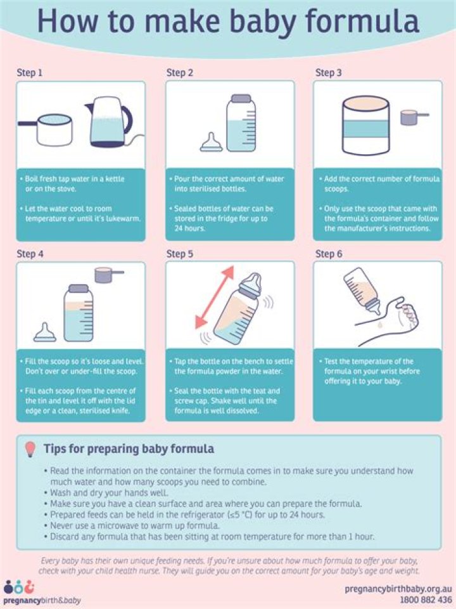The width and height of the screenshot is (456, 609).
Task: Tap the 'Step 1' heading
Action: click(30, 72)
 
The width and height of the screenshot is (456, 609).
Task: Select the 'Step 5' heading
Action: click(180, 254)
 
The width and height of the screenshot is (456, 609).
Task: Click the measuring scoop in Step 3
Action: click(412, 117)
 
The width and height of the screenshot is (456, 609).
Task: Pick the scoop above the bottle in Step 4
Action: click(107, 275)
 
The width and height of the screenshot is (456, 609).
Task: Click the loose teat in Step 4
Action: click(44, 332)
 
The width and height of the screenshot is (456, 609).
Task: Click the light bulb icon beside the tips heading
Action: click(29, 449)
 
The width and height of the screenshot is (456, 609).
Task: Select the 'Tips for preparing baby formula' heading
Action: click(128, 449)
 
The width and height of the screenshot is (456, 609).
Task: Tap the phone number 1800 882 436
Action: click(426, 599)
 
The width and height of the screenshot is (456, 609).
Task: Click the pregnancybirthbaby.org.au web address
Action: click(398, 589)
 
